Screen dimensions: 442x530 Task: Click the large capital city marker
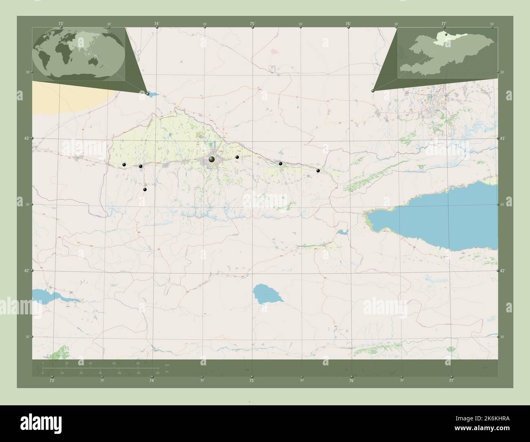(212, 159)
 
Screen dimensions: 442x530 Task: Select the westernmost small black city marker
(124, 165)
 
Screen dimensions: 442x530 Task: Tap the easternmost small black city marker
(318, 171)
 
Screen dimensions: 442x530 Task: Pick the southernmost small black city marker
(144, 189)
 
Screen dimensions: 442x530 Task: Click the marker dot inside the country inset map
(446, 35)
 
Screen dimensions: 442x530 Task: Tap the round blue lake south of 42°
(266, 294)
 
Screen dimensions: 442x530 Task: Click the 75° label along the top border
(252, 24)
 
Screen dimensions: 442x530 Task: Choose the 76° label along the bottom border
(351, 380)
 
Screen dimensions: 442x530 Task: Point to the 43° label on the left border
(26, 139)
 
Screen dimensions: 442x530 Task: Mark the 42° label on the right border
(503, 271)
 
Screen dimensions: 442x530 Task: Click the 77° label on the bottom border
(451, 380)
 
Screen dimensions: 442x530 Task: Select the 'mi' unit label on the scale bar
(167, 371)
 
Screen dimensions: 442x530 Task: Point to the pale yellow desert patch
(65, 98)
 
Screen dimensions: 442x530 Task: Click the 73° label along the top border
(61, 24)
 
